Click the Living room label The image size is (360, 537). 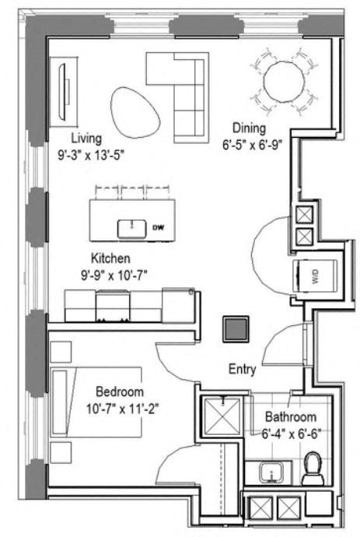click(x=86, y=139)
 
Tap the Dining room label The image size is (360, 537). click(x=249, y=128)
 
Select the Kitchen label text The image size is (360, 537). click(x=110, y=258)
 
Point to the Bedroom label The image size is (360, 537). click(x=120, y=391)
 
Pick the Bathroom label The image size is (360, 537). click(x=290, y=417)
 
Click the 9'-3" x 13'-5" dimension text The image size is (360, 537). click(x=91, y=154)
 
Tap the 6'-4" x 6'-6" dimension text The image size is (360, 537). click(x=292, y=433)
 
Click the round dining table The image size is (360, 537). click(x=286, y=79)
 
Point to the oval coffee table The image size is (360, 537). click(x=135, y=111)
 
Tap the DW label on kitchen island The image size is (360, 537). click(x=158, y=227)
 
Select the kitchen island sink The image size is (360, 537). click(x=132, y=228)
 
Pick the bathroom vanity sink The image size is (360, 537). click(x=270, y=472)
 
